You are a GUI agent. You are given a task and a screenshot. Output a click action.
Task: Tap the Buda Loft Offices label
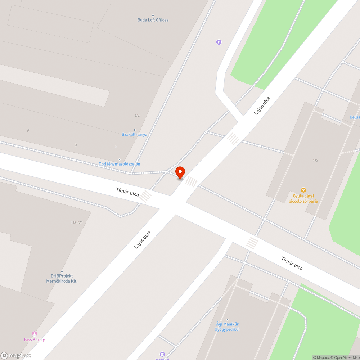point(153,20)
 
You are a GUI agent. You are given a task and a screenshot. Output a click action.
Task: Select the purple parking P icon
point(219,42)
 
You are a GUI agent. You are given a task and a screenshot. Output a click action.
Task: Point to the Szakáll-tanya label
point(135,134)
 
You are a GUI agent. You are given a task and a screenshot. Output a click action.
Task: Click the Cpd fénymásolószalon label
point(120,164)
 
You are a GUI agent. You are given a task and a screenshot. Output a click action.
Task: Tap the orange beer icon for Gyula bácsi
point(303,190)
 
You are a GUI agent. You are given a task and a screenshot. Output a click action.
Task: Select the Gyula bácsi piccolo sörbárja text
point(303,199)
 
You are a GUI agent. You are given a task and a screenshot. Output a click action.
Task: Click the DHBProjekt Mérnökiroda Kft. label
point(62,278)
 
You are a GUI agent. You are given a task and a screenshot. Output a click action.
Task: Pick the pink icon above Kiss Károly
point(35,334)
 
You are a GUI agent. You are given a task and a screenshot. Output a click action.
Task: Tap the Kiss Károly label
point(35,339)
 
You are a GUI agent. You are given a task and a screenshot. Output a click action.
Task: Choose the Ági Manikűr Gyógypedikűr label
point(227,327)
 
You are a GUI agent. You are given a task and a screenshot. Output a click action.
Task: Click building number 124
point(137,116)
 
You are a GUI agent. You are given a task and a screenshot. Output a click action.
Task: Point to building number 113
point(315,160)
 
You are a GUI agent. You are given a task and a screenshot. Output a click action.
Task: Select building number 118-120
point(77,223)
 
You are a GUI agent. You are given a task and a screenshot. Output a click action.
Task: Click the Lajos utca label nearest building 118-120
point(142,239)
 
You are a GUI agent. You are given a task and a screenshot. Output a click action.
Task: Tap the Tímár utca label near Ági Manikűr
point(292,263)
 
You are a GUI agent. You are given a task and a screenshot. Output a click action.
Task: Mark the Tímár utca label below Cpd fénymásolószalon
point(127,192)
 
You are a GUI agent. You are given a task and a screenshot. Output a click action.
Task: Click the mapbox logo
point(16,355)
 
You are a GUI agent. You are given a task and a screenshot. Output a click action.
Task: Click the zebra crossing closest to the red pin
point(191,182)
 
